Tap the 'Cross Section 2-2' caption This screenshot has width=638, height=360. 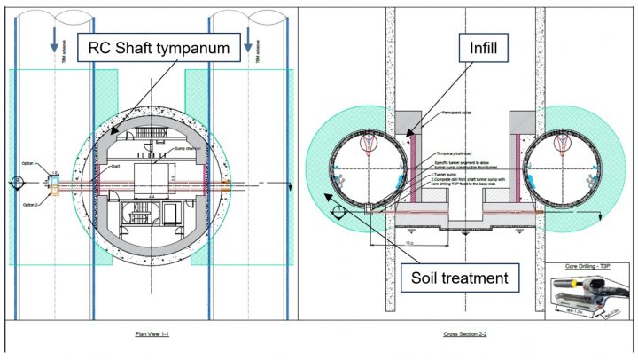(x=463, y=334)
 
